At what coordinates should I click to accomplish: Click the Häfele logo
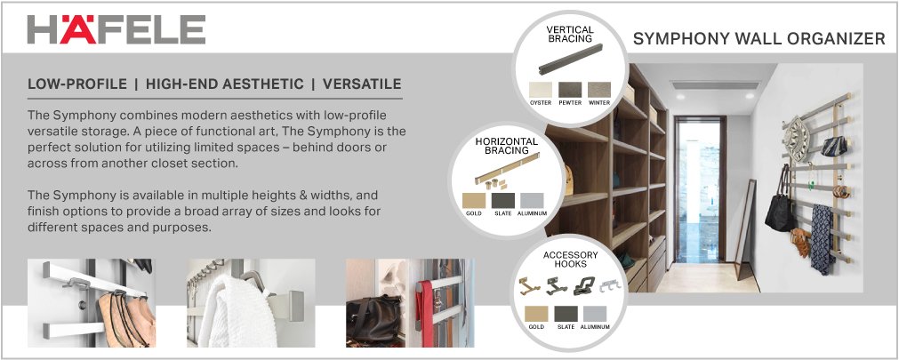116,28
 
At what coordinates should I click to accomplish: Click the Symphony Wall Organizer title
759,39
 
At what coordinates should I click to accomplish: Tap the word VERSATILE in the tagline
362,84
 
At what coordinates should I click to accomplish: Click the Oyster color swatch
541,90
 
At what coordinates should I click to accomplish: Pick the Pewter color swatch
569,90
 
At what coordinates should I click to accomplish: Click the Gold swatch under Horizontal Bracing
475,200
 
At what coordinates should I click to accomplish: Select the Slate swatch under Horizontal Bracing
502,200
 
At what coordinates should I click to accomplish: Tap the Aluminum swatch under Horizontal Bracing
531,200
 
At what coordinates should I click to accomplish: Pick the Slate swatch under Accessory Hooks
566,313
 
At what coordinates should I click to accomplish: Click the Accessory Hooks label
570,260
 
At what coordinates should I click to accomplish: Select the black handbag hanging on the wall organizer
780,213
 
